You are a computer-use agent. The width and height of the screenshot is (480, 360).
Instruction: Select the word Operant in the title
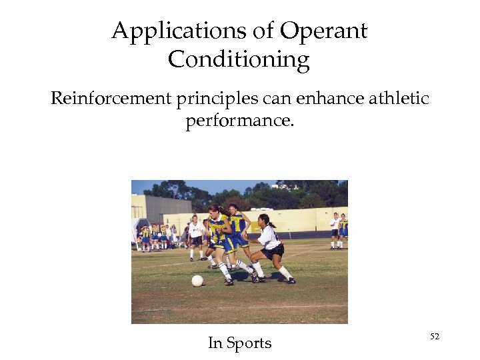[x=323, y=31]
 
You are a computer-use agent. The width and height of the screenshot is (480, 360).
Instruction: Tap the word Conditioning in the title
[x=239, y=60]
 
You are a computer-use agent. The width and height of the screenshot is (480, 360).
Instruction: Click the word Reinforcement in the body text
[x=111, y=99]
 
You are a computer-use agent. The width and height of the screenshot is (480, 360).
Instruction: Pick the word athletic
[x=396, y=99]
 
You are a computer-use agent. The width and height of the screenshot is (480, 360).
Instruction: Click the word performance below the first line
[x=238, y=122]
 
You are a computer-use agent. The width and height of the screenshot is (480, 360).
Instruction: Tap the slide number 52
[x=435, y=337]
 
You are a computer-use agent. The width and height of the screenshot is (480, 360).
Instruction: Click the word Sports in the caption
[x=249, y=343]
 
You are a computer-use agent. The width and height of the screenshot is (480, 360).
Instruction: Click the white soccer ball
[x=197, y=281]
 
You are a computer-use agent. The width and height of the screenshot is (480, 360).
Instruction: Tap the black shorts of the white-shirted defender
[x=273, y=251]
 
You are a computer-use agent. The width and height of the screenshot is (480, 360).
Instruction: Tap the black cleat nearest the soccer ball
[x=229, y=282]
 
